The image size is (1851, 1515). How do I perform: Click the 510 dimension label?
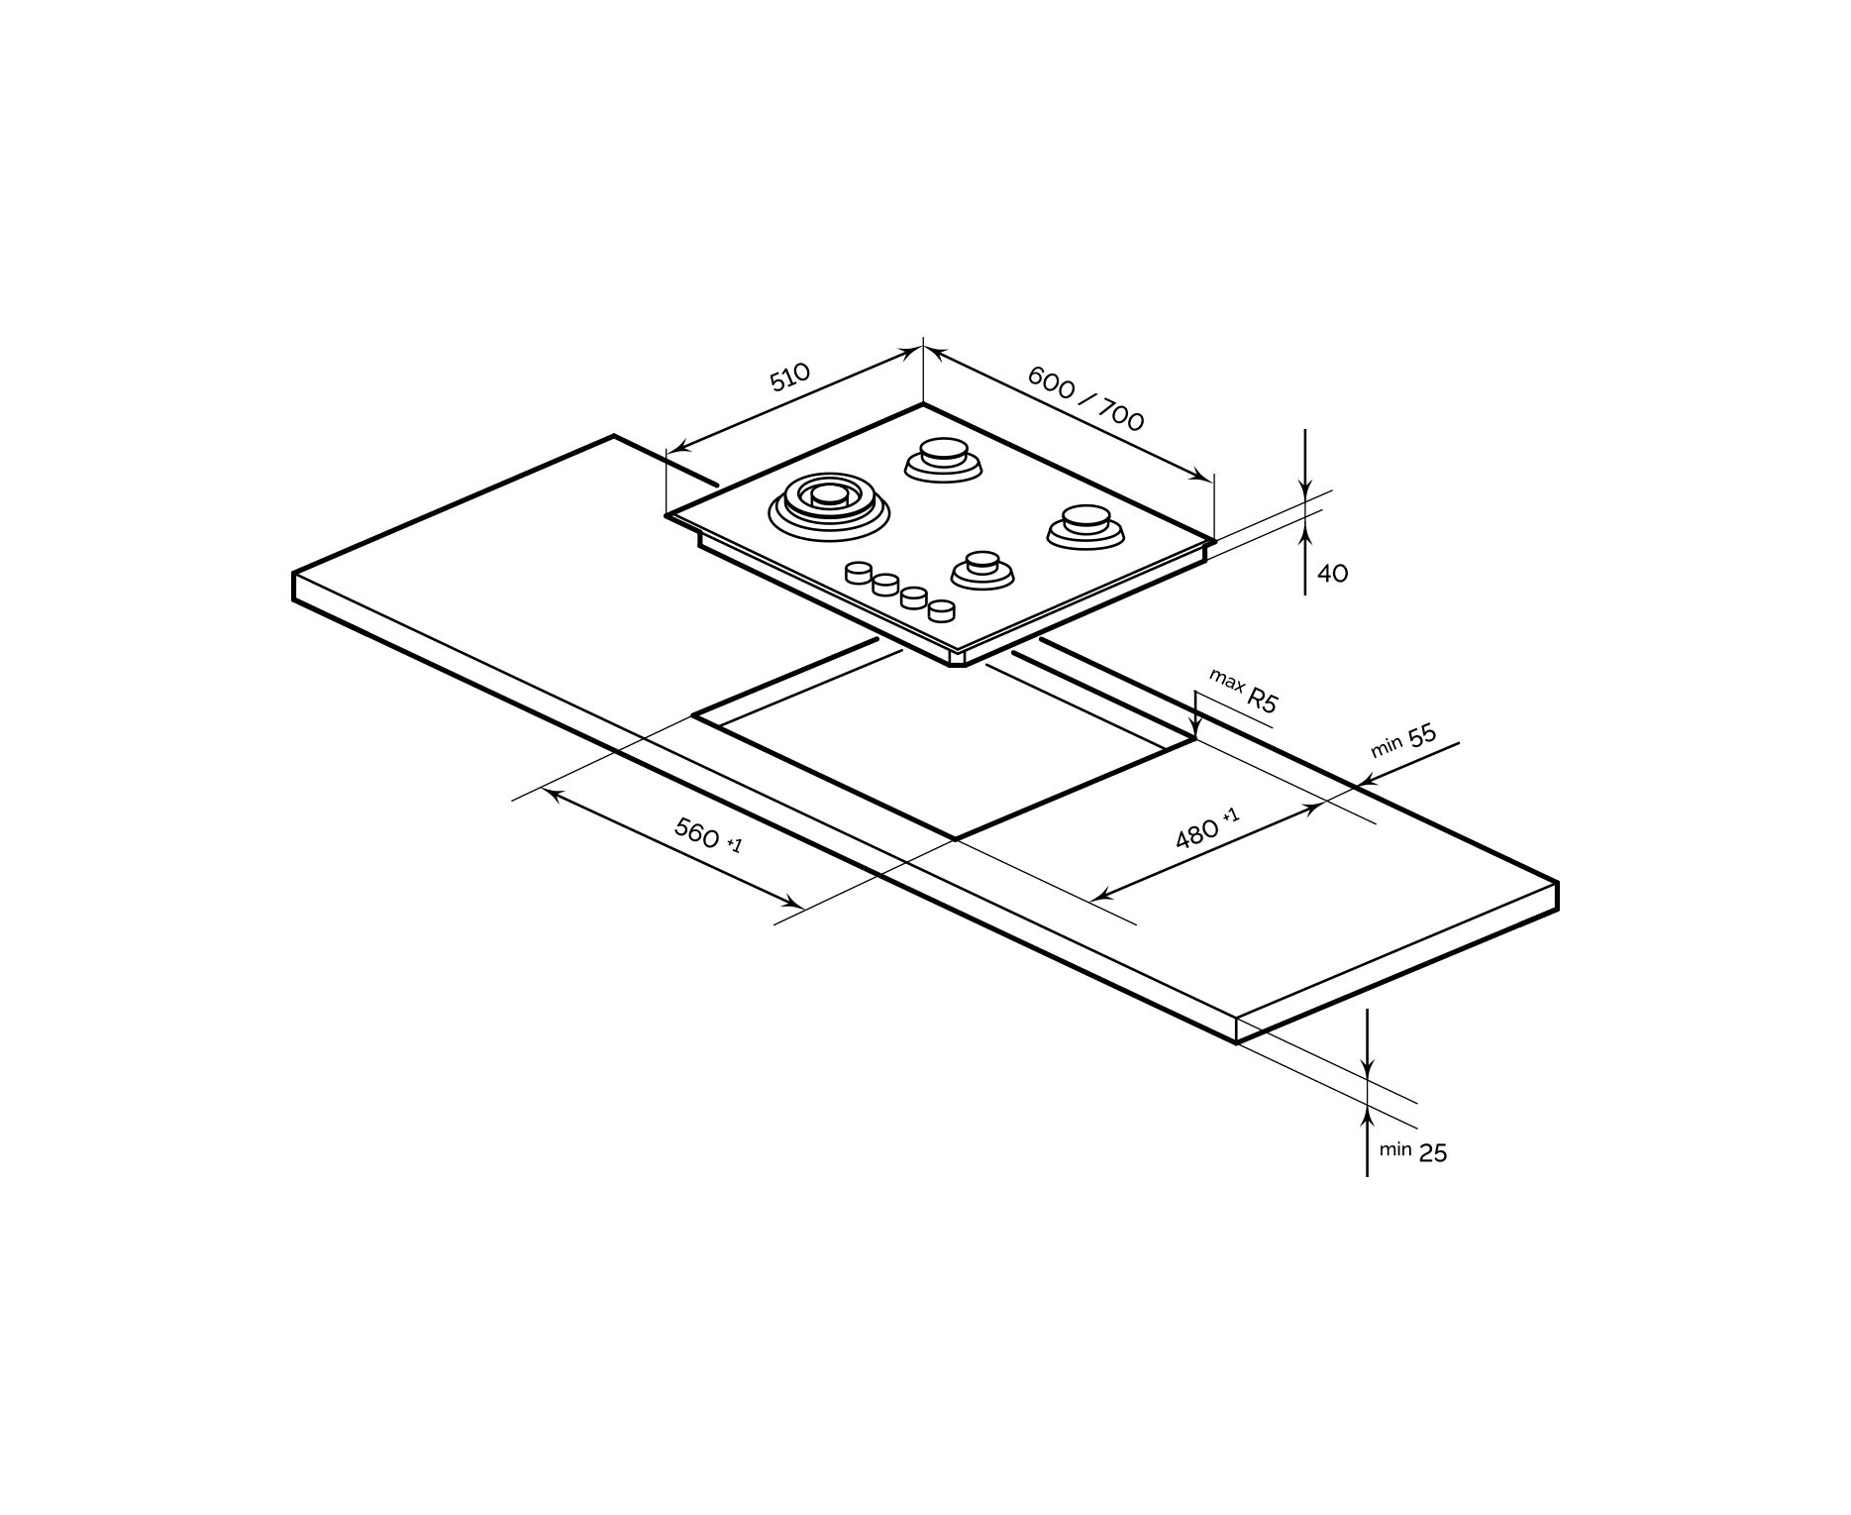[790, 377]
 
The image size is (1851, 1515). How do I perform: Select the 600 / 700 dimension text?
[1085, 398]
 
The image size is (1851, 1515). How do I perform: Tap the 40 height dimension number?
[1332, 574]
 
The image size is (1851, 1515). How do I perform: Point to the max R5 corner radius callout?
[1244, 691]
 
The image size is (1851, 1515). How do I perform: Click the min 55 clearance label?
[1403, 740]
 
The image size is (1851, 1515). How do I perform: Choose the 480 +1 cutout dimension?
[1206, 828]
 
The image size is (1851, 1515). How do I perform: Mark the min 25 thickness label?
[1413, 1151]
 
